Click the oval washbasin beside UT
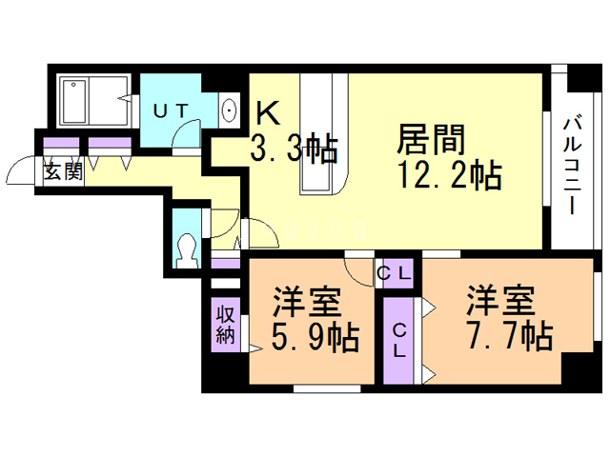231,109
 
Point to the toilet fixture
188,250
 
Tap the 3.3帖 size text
294,149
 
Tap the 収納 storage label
225,324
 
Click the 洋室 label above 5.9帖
307,305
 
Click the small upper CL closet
395,273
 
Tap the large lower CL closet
400,340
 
